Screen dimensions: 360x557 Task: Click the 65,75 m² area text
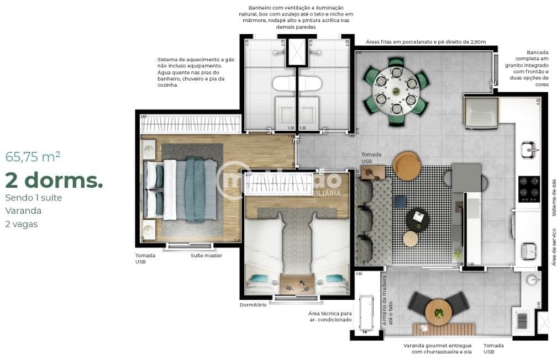click(33, 156)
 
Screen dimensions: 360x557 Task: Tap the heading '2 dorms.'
click(54, 179)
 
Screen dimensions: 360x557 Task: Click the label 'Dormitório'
click(253, 305)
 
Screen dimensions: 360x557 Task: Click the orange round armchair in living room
click(407, 166)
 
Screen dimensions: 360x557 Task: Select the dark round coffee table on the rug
click(418, 219)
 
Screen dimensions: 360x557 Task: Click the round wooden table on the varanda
click(439, 312)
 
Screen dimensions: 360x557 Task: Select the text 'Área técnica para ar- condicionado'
click(330, 316)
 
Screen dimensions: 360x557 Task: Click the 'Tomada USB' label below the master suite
click(145, 258)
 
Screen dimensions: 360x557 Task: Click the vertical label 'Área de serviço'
click(553, 248)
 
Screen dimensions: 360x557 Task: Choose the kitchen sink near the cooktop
click(529, 149)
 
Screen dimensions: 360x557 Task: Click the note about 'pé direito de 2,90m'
click(425, 41)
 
